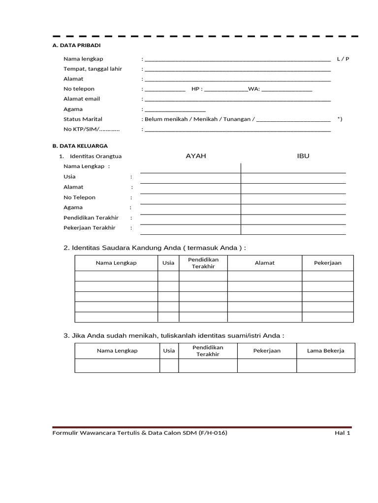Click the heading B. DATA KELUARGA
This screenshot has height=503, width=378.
point(80,146)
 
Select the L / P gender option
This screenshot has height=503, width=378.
point(343,59)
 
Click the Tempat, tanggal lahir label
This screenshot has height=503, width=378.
point(93,69)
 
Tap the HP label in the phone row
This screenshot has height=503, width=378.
point(196,89)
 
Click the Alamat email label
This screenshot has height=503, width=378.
point(82,99)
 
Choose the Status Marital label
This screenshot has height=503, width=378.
point(83,119)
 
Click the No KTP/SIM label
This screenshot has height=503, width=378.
point(92,129)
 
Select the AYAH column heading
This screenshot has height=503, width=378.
point(195,156)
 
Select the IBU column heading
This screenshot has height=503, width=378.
point(303,156)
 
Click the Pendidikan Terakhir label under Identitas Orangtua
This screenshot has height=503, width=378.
point(91,218)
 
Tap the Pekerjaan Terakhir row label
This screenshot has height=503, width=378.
point(89,228)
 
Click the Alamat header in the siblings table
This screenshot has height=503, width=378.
point(264,263)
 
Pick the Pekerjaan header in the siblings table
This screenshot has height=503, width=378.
point(327,263)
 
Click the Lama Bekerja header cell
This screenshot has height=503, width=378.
point(325,351)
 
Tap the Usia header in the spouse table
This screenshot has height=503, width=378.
point(169,351)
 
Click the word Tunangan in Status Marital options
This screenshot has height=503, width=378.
point(236,119)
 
